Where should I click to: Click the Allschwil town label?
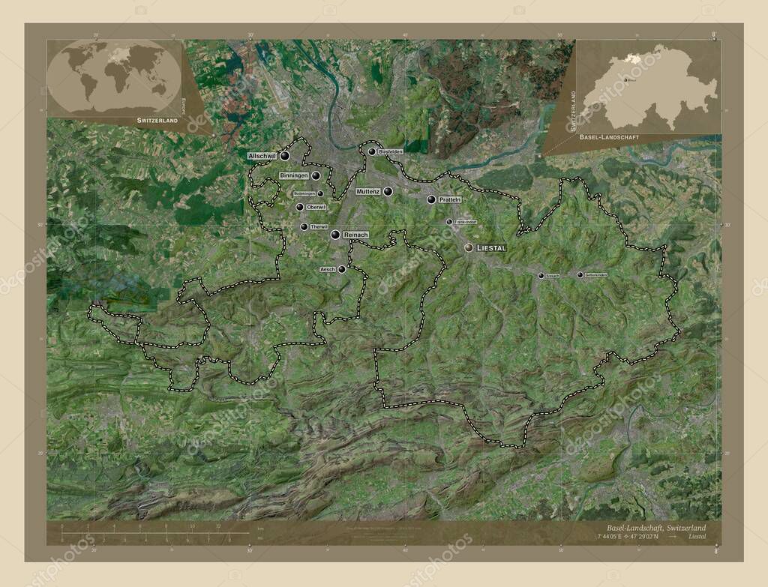point(262,156)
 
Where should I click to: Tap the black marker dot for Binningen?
point(316,175)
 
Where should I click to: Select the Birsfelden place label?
point(391,151)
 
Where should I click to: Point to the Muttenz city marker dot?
point(388,192)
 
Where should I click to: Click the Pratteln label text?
point(450,200)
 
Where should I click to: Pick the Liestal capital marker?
point(469,247)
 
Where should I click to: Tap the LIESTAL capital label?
point(492,247)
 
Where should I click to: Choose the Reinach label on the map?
point(355,235)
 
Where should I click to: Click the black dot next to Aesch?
point(342,269)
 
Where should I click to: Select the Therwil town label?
point(319,226)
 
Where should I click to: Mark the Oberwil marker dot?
point(299,207)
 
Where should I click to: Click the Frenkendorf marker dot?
point(449,222)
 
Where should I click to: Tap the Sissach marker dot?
point(541,276)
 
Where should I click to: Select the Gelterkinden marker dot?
point(580,275)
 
